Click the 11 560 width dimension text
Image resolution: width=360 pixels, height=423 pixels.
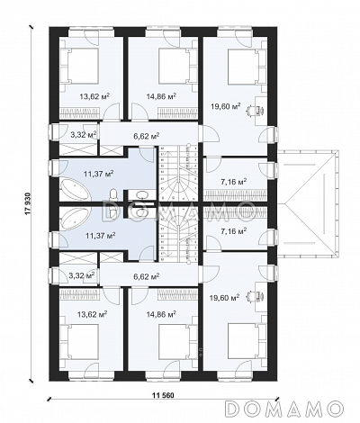click(164, 395)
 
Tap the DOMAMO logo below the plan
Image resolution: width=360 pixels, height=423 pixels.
click(283, 408)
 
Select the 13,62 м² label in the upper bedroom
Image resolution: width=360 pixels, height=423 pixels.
click(94, 96)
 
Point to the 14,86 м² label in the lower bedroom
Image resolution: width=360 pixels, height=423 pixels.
click(161, 314)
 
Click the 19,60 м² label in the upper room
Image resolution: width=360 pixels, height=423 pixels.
click(226, 106)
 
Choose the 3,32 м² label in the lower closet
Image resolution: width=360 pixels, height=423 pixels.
click(82, 275)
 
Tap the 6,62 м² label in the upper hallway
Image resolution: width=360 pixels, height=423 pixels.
click(146, 136)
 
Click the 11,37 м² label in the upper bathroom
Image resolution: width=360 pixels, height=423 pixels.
click(98, 174)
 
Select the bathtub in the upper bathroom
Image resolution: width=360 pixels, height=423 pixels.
click(75, 191)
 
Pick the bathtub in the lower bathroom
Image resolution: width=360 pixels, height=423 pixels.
click(75, 218)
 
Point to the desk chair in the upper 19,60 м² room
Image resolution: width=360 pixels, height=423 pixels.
click(251, 111)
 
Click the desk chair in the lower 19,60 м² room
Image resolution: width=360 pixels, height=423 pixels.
click(251, 297)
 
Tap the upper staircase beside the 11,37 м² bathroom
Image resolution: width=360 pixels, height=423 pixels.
click(178, 174)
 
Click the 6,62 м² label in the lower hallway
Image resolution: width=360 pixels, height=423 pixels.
click(146, 275)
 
